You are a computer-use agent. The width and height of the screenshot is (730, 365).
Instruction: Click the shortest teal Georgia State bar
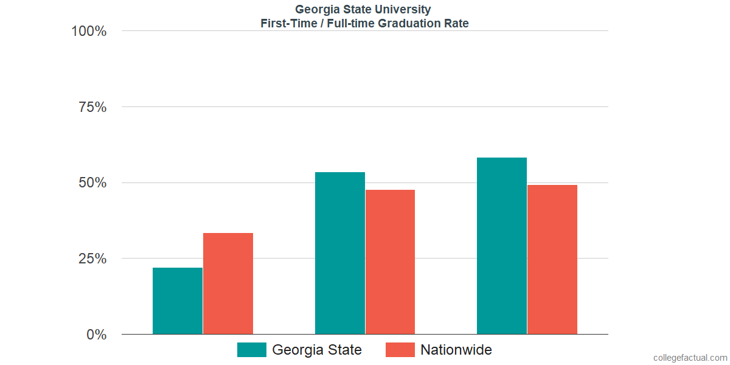click(x=178, y=301)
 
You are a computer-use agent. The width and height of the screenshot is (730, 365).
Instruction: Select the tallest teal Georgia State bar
click(x=502, y=246)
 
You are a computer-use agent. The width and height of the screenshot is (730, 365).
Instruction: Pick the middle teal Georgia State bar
click(x=340, y=253)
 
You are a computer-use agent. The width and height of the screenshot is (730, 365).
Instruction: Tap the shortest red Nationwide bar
click(x=228, y=283)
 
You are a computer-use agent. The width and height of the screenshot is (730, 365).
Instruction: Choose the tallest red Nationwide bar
click(x=552, y=259)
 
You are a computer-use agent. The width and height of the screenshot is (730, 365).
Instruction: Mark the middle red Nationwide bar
click(x=390, y=262)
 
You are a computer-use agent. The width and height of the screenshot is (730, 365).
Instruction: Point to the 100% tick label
click(x=89, y=31)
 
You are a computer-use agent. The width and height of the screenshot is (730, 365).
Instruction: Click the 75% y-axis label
click(x=93, y=107)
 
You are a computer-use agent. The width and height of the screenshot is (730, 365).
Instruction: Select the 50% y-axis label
click(x=93, y=182)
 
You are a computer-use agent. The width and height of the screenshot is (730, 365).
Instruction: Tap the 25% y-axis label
click(x=93, y=259)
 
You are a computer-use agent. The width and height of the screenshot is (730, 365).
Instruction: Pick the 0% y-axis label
click(x=97, y=335)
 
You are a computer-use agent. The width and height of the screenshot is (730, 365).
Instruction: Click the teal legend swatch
click(x=252, y=350)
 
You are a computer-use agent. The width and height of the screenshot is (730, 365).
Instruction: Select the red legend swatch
click(x=400, y=350)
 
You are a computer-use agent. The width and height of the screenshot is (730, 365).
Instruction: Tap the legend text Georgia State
click(x=317, y=350)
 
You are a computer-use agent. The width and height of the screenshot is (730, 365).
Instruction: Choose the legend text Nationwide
click(x=456, y=350)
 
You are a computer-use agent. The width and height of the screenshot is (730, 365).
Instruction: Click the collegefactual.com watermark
click(x=690, y=358)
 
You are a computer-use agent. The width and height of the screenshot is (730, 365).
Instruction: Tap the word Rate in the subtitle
click(x=457, y=24)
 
